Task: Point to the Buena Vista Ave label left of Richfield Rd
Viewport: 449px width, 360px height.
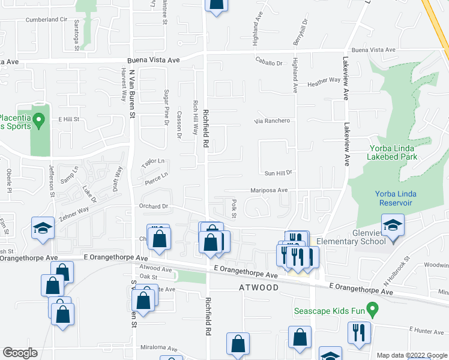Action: pyautogui.click(x=153, y=61)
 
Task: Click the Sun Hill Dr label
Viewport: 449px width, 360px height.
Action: pyautogui.click(x=278, y=172)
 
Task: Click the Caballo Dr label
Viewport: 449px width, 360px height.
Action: pyautogui.click(x=268, y=62)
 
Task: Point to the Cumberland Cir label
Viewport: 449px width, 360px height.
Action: pyautogui.click(x=46, y=19)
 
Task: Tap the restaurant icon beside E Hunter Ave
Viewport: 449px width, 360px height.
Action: pyautogui.click(x=360, y=332)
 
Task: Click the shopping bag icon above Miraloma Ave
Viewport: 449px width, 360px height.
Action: pyautogui.click(x=238, y=343)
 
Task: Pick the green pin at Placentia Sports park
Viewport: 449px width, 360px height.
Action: pyautogui.click(x=40, y=122)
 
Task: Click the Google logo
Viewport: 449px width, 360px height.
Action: pyautogui.click(x=20, y=352)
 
